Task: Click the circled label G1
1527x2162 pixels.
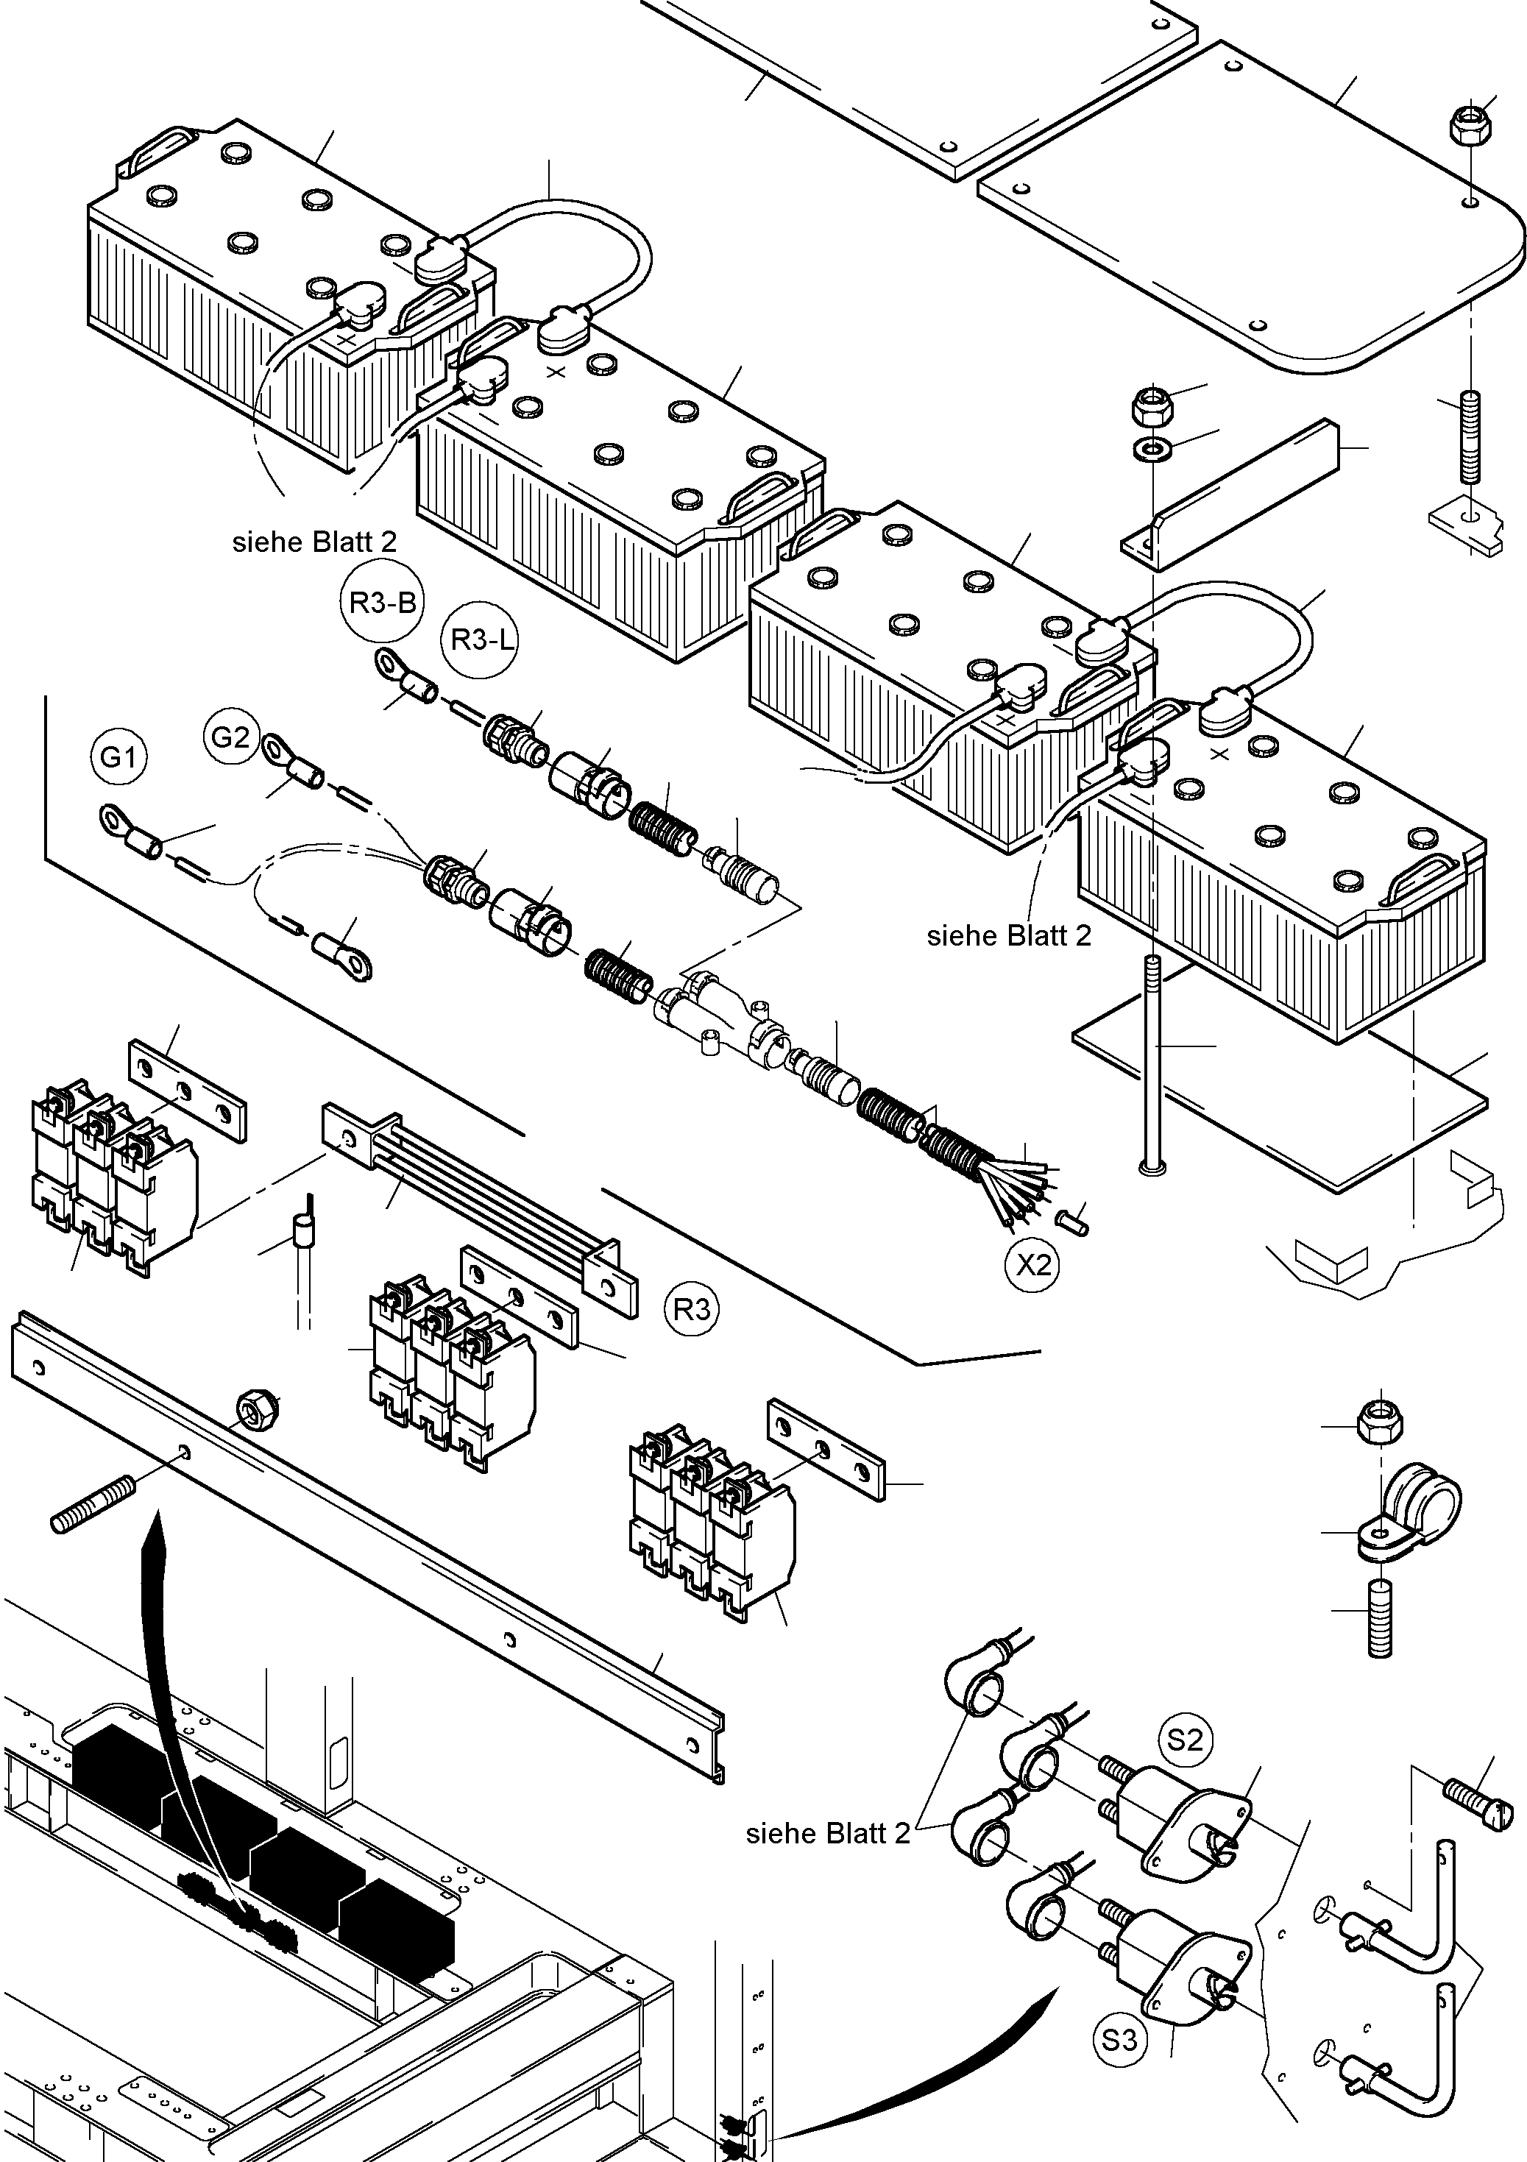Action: [x=119, y=757]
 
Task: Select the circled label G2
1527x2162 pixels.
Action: [x=230, y=737]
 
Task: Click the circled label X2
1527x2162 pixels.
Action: [x=1032, y=1265]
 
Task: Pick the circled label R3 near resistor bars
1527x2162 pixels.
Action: [x=692, y=1310]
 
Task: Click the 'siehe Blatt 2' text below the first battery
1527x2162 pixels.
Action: [x=313, y=542]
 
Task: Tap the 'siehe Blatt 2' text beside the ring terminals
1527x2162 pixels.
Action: [x=827, y=1833]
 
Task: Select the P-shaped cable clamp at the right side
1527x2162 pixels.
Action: [x=1409, y=1516]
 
